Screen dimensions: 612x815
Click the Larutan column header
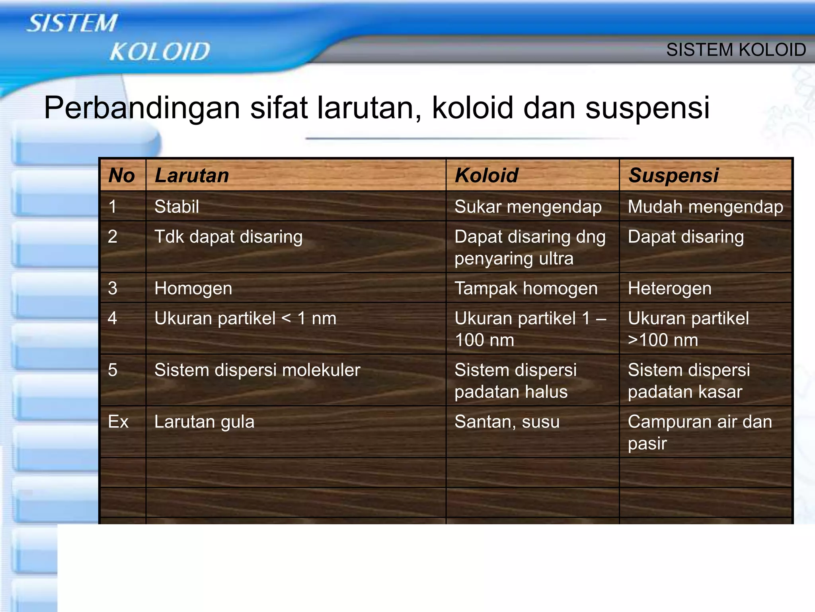coord(192,175)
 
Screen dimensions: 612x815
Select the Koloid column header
coord(486,175)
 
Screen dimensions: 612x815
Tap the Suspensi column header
coord(673,175)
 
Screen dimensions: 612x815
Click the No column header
coord(122,175)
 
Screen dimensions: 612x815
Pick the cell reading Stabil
coord(177,206)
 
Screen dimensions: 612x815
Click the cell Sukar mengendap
coord(528,206)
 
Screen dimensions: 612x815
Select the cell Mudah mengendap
coord(705,206)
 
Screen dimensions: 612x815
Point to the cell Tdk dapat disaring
coord(228,237)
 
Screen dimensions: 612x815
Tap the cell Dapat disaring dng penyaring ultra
coord(529,247)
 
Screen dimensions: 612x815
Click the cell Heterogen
coord(669,288)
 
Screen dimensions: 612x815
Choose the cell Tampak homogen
coord(526,288)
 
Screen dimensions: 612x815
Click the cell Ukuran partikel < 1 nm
coord(245,318)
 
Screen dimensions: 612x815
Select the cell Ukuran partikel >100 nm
coord(688,329)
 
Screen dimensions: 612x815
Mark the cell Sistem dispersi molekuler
coord(257,370)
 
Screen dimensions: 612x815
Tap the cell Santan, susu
coord(507,422)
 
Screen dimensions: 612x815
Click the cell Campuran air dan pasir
coord(700,432)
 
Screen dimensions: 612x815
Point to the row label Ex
coord(118,422)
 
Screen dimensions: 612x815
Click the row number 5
coord(113,370)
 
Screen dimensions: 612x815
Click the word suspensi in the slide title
coord(647,108)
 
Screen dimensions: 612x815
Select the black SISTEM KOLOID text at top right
coord(736,50)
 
